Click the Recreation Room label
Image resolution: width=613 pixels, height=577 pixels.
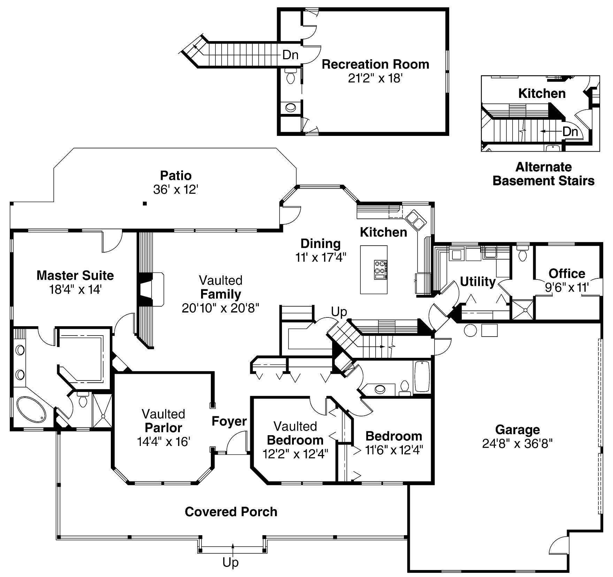[x=375, y=64]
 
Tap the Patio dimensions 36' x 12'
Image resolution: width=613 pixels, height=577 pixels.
[x=176, y=190]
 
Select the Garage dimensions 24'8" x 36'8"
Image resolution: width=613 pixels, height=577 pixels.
[x=517, y=444]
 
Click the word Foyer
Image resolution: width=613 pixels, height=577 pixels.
[x=229, y=421]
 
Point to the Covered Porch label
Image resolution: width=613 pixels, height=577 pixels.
[x=231, y=512]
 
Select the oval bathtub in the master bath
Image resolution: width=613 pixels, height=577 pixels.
[x=31, y=410]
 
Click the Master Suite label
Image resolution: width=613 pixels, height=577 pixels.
[x=75, y=276]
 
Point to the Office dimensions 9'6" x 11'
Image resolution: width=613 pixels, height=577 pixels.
[x=567, y=287]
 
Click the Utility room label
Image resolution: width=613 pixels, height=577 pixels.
[x=477, y=282]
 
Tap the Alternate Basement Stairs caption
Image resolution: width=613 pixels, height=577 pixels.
[x=543, y=174]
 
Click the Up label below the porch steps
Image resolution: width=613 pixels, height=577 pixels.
[x=230, y=562]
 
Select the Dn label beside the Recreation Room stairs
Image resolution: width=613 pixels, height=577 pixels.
[x=290, y=55]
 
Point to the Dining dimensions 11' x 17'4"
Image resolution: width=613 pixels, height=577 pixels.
[x=320, y=257]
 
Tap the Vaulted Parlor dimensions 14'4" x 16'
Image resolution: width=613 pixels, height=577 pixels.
[x=163, y=442]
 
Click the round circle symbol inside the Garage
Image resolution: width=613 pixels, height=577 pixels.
[x=470, y=330]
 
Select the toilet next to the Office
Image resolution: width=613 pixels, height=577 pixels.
[x=522, y=254]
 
